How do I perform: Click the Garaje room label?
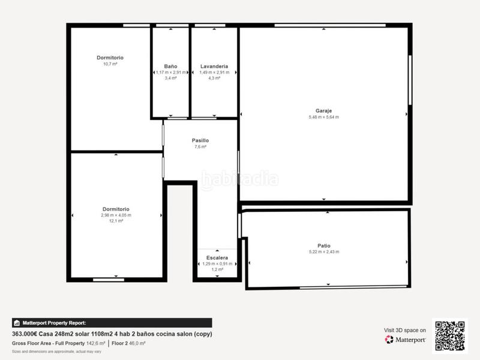[x=323, y=110]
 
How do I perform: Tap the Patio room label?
[x=324, y=245]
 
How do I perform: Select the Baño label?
[x=170, y=66]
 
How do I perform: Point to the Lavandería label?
[x=214, y=66]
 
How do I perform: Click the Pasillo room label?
[x=200, y=140]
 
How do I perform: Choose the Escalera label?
[x=217, y=257]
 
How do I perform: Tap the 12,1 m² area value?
[x=116, y=221]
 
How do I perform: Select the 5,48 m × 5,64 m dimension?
[x=323, y=117]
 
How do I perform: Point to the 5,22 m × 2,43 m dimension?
[x=324, y=251]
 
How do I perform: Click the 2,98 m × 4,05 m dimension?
[x=116, y=215]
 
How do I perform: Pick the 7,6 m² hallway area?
[x=200, y=147]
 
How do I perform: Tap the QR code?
[x=451, y=335]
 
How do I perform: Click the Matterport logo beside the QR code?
[x=406, y=340]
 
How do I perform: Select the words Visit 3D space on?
[x=405, y=330]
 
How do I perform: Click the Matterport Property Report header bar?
[x=112, y=323]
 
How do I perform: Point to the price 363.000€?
[x=25, y=334]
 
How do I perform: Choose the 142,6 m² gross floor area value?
[x=95, y=343]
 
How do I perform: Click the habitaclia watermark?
[x=239, y=179]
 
